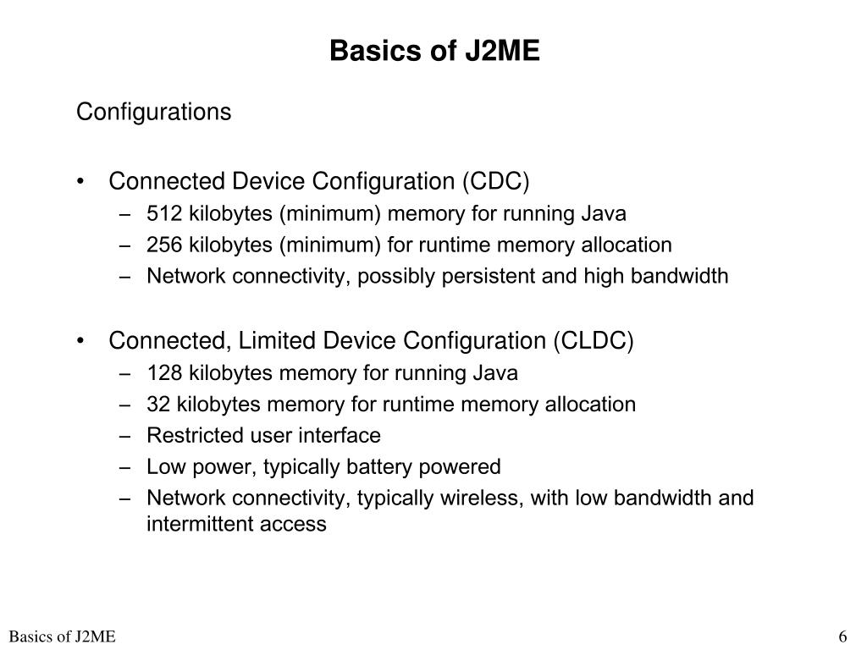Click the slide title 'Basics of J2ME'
click(433, 52)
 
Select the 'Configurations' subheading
click(153, 113)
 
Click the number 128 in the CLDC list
click(164, 372)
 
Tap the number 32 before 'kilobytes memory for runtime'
click(157, 404)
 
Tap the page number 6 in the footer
click(842, 637)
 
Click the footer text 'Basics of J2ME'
click(63, 637)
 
